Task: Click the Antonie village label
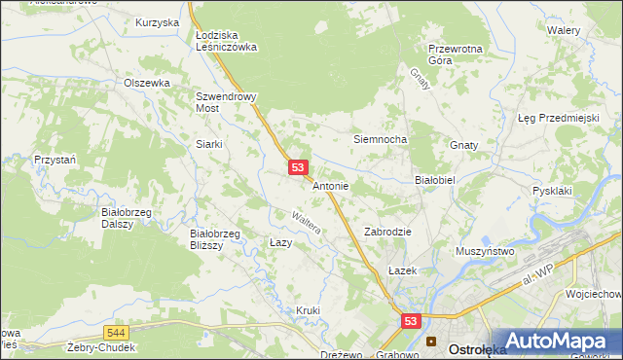[x=330, y=186]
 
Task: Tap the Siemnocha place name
[x=379, y=139]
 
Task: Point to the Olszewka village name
[x=147, y=84]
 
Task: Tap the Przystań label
[x=55, y=159]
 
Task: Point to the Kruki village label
[x=308, y=310]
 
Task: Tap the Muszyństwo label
[x=484, y=251]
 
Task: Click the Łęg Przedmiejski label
[x=557, y=118]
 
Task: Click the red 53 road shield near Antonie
[x=299, y=168]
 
